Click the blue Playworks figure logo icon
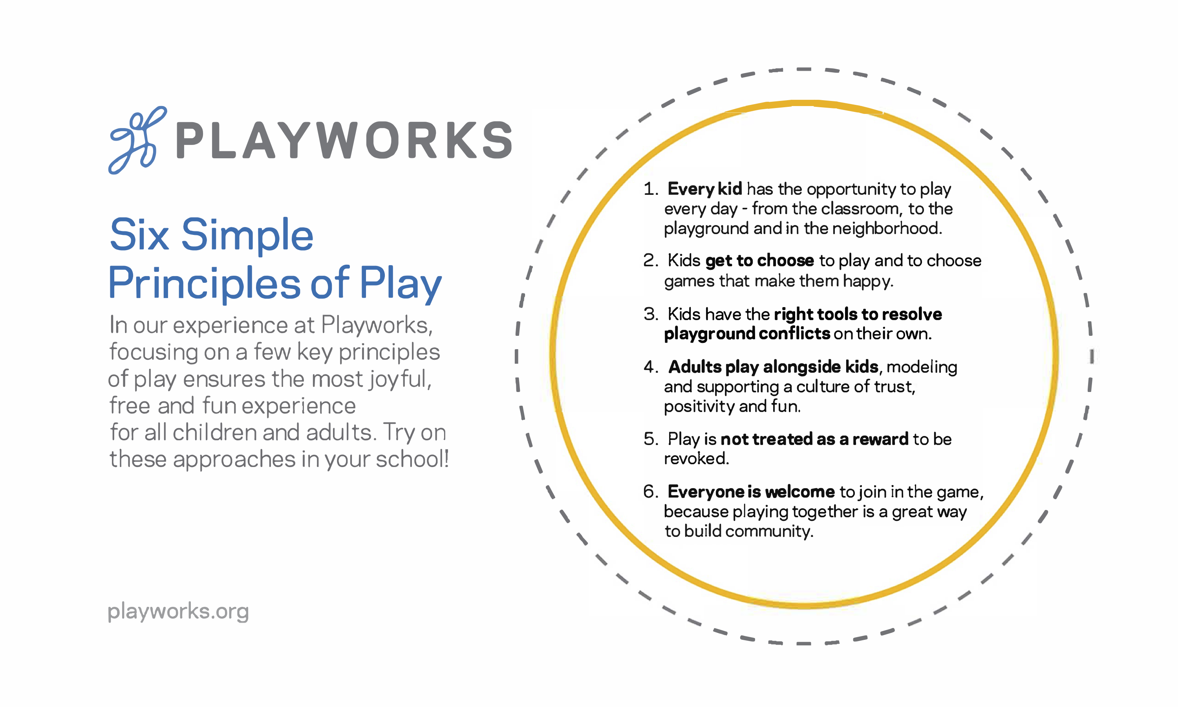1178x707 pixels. [x=137, y=140]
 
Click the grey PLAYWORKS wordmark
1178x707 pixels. [x=344, y=140]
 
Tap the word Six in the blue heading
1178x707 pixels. [x=139, y=234]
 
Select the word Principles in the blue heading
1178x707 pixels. [x=204, y=284]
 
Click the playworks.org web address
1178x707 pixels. [x=178, y=612]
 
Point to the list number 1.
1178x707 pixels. [x=650, y=189]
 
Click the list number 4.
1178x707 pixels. [x=650, y=367]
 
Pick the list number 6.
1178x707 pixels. [x=650, y=492]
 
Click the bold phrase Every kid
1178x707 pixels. [x=705, y=190]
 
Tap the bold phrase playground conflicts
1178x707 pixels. [x=747, y=334]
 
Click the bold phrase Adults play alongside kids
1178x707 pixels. [x=773, y=367]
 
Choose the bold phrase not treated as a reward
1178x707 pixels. [x=815, y=439]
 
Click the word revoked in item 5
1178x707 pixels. [x=696, y=459]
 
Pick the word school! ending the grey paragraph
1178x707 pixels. [x=412, y=459]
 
